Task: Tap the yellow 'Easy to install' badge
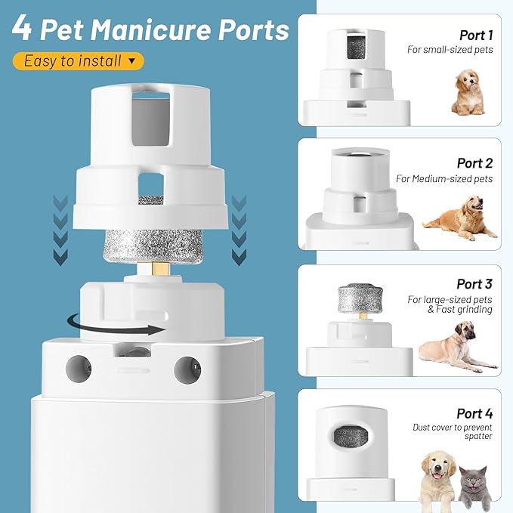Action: point(78,60)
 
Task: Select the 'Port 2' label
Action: point(474,163)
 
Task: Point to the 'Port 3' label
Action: point(474,284)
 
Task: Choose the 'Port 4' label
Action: point(474,413)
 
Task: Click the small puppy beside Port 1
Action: point(468,92)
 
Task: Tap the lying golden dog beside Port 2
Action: point(460,215)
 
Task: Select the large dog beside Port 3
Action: point(453,346)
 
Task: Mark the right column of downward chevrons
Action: point(240,230)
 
